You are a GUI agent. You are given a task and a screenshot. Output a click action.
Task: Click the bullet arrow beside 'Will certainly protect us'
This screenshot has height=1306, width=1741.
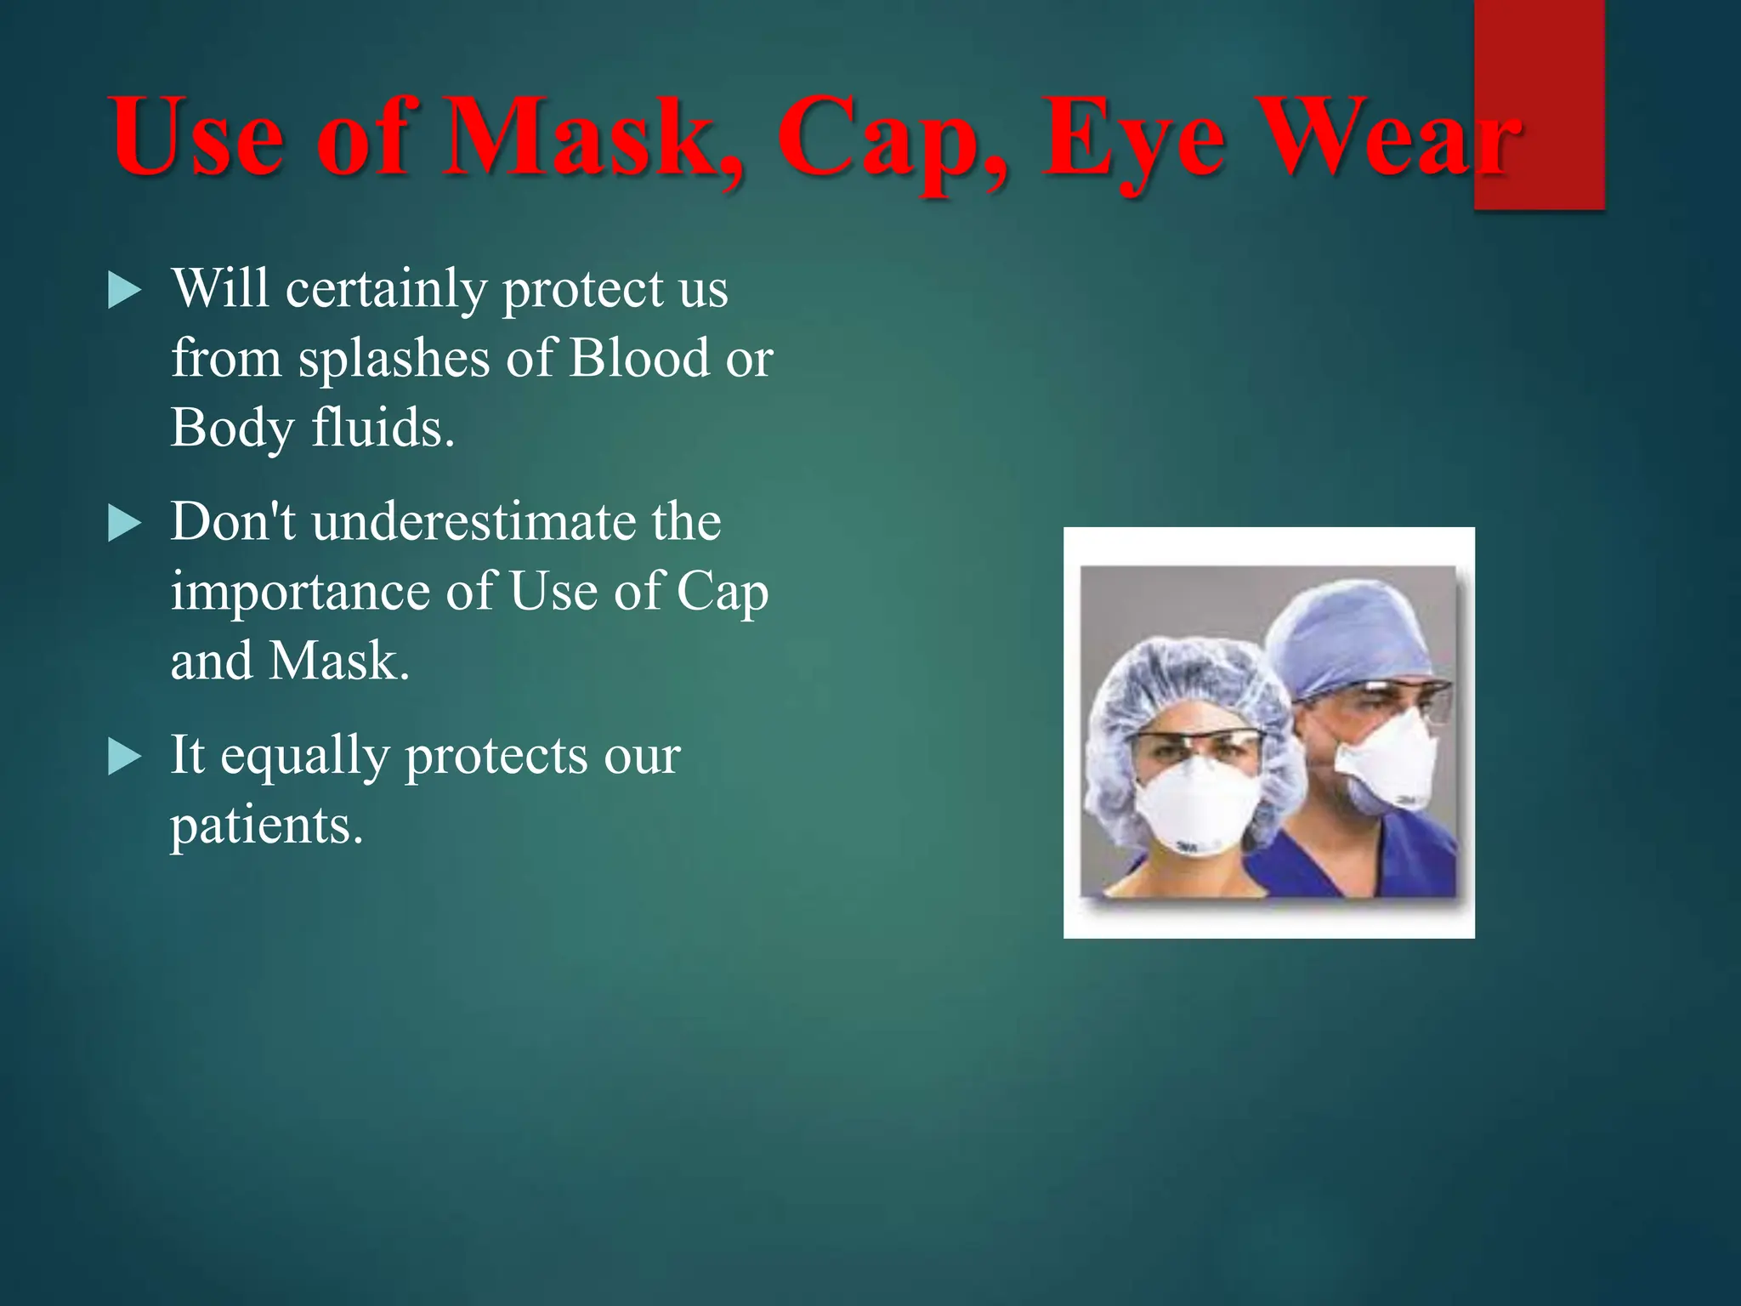[125, 291]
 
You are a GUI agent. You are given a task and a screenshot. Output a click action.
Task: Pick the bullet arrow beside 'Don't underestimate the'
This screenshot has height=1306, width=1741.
[125, 524]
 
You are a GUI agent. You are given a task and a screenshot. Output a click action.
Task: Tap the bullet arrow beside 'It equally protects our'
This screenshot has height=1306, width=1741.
[125, 757]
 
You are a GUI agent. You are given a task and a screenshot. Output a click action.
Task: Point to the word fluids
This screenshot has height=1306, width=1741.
[383, 427]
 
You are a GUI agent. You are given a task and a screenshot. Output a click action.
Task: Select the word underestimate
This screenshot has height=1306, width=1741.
[474, 521]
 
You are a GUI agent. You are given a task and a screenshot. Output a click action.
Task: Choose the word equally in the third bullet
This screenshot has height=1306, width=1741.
[304, 757]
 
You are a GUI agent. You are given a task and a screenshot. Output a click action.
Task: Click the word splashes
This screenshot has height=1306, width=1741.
[394, 359]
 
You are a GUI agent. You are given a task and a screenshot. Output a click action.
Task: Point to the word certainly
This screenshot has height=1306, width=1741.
[386, 289]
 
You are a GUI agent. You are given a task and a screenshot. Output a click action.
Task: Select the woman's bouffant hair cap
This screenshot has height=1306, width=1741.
[1190, 680]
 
